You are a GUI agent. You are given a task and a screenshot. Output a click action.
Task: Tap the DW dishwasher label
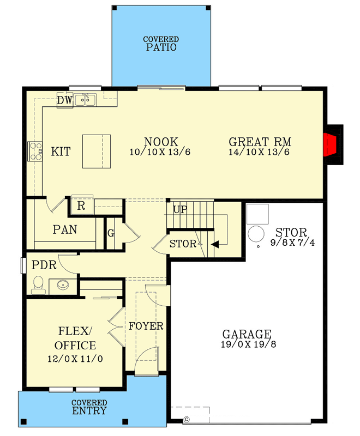pyautogui.click(x=64, y=100)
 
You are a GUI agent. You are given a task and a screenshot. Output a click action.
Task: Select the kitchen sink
pyautogui.click(x=85, y=99)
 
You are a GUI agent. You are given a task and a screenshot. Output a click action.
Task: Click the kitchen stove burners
pyautogui.click(x=35, y=151)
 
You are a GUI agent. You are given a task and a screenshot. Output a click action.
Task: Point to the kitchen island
pyautogui.click(x=97, y=152)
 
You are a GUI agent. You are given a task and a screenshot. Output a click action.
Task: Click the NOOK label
pyautogui.click(x=161, y=142)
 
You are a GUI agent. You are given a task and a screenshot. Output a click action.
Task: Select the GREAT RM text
pyautogui.click(x=260, y=142)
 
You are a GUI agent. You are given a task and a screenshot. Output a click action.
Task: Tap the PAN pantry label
pyautogui.click(x=65, y=229)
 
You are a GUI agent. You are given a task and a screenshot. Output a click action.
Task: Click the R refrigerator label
pyautogui.click(x=81, y=206)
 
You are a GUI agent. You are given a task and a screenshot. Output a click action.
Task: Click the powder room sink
pyautogui.click(x=63, y=285)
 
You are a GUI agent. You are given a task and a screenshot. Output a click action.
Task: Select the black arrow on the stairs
pyautogui.click(x=215, y=245)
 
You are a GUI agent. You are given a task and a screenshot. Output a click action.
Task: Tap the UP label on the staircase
pyautogui.click(x=179, y=209)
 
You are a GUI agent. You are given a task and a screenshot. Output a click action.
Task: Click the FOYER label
pyautogui.click(x=146, y=326)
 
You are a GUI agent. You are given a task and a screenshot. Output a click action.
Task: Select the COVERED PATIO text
pyautogui.click(x=161, y=44)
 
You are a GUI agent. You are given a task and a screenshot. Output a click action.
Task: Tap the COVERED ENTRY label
pyautogui.click(x=89, y=407)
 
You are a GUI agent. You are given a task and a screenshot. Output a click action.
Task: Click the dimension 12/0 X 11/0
pyautogui.click(x=75, y=359)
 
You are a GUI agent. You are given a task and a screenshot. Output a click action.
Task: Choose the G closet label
pyautogui.click(x=111, y=233)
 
